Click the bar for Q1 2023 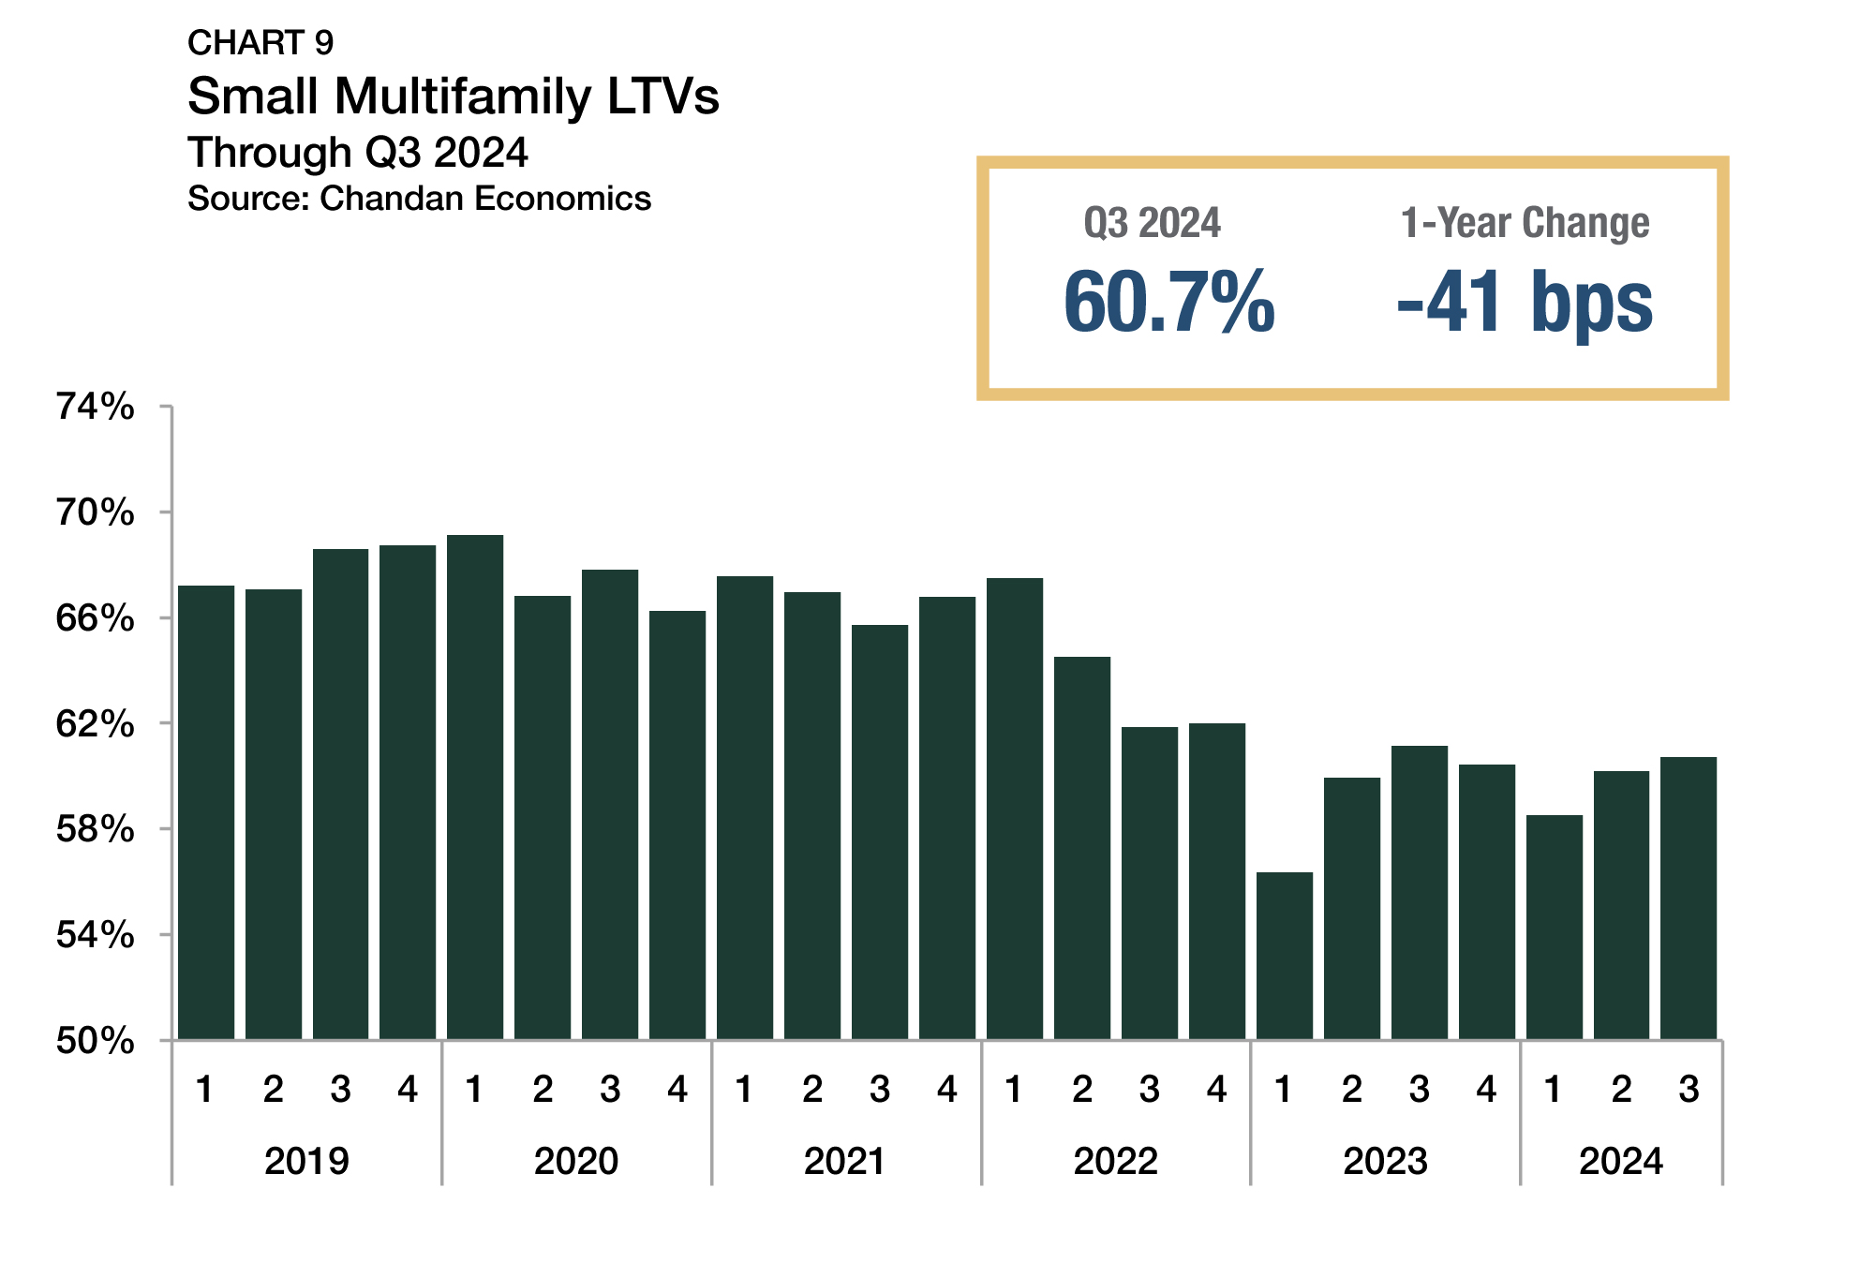click(x=1284, y=956)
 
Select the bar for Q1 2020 click(x=475, y=787)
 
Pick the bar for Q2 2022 click(x=1082, y=848)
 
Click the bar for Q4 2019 click(x=408, y=792)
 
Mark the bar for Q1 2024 click(x=1554, y=928)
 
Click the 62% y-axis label click(x=96, y=724)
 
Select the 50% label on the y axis click(x=96, y=1041)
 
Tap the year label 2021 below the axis click(x=845, y=1161)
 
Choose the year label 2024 click(x=1621, y=1161)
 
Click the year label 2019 click(x=306, y=1161)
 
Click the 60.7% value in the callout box click(x=1169, y=302)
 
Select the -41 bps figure click(x=1525, y=302)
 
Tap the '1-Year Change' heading click(x=1525, y=223)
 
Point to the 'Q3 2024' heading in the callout click(x=1153, y=223)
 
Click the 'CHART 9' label click(x=260, y=43)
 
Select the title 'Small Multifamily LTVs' click(x=454, y=97)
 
